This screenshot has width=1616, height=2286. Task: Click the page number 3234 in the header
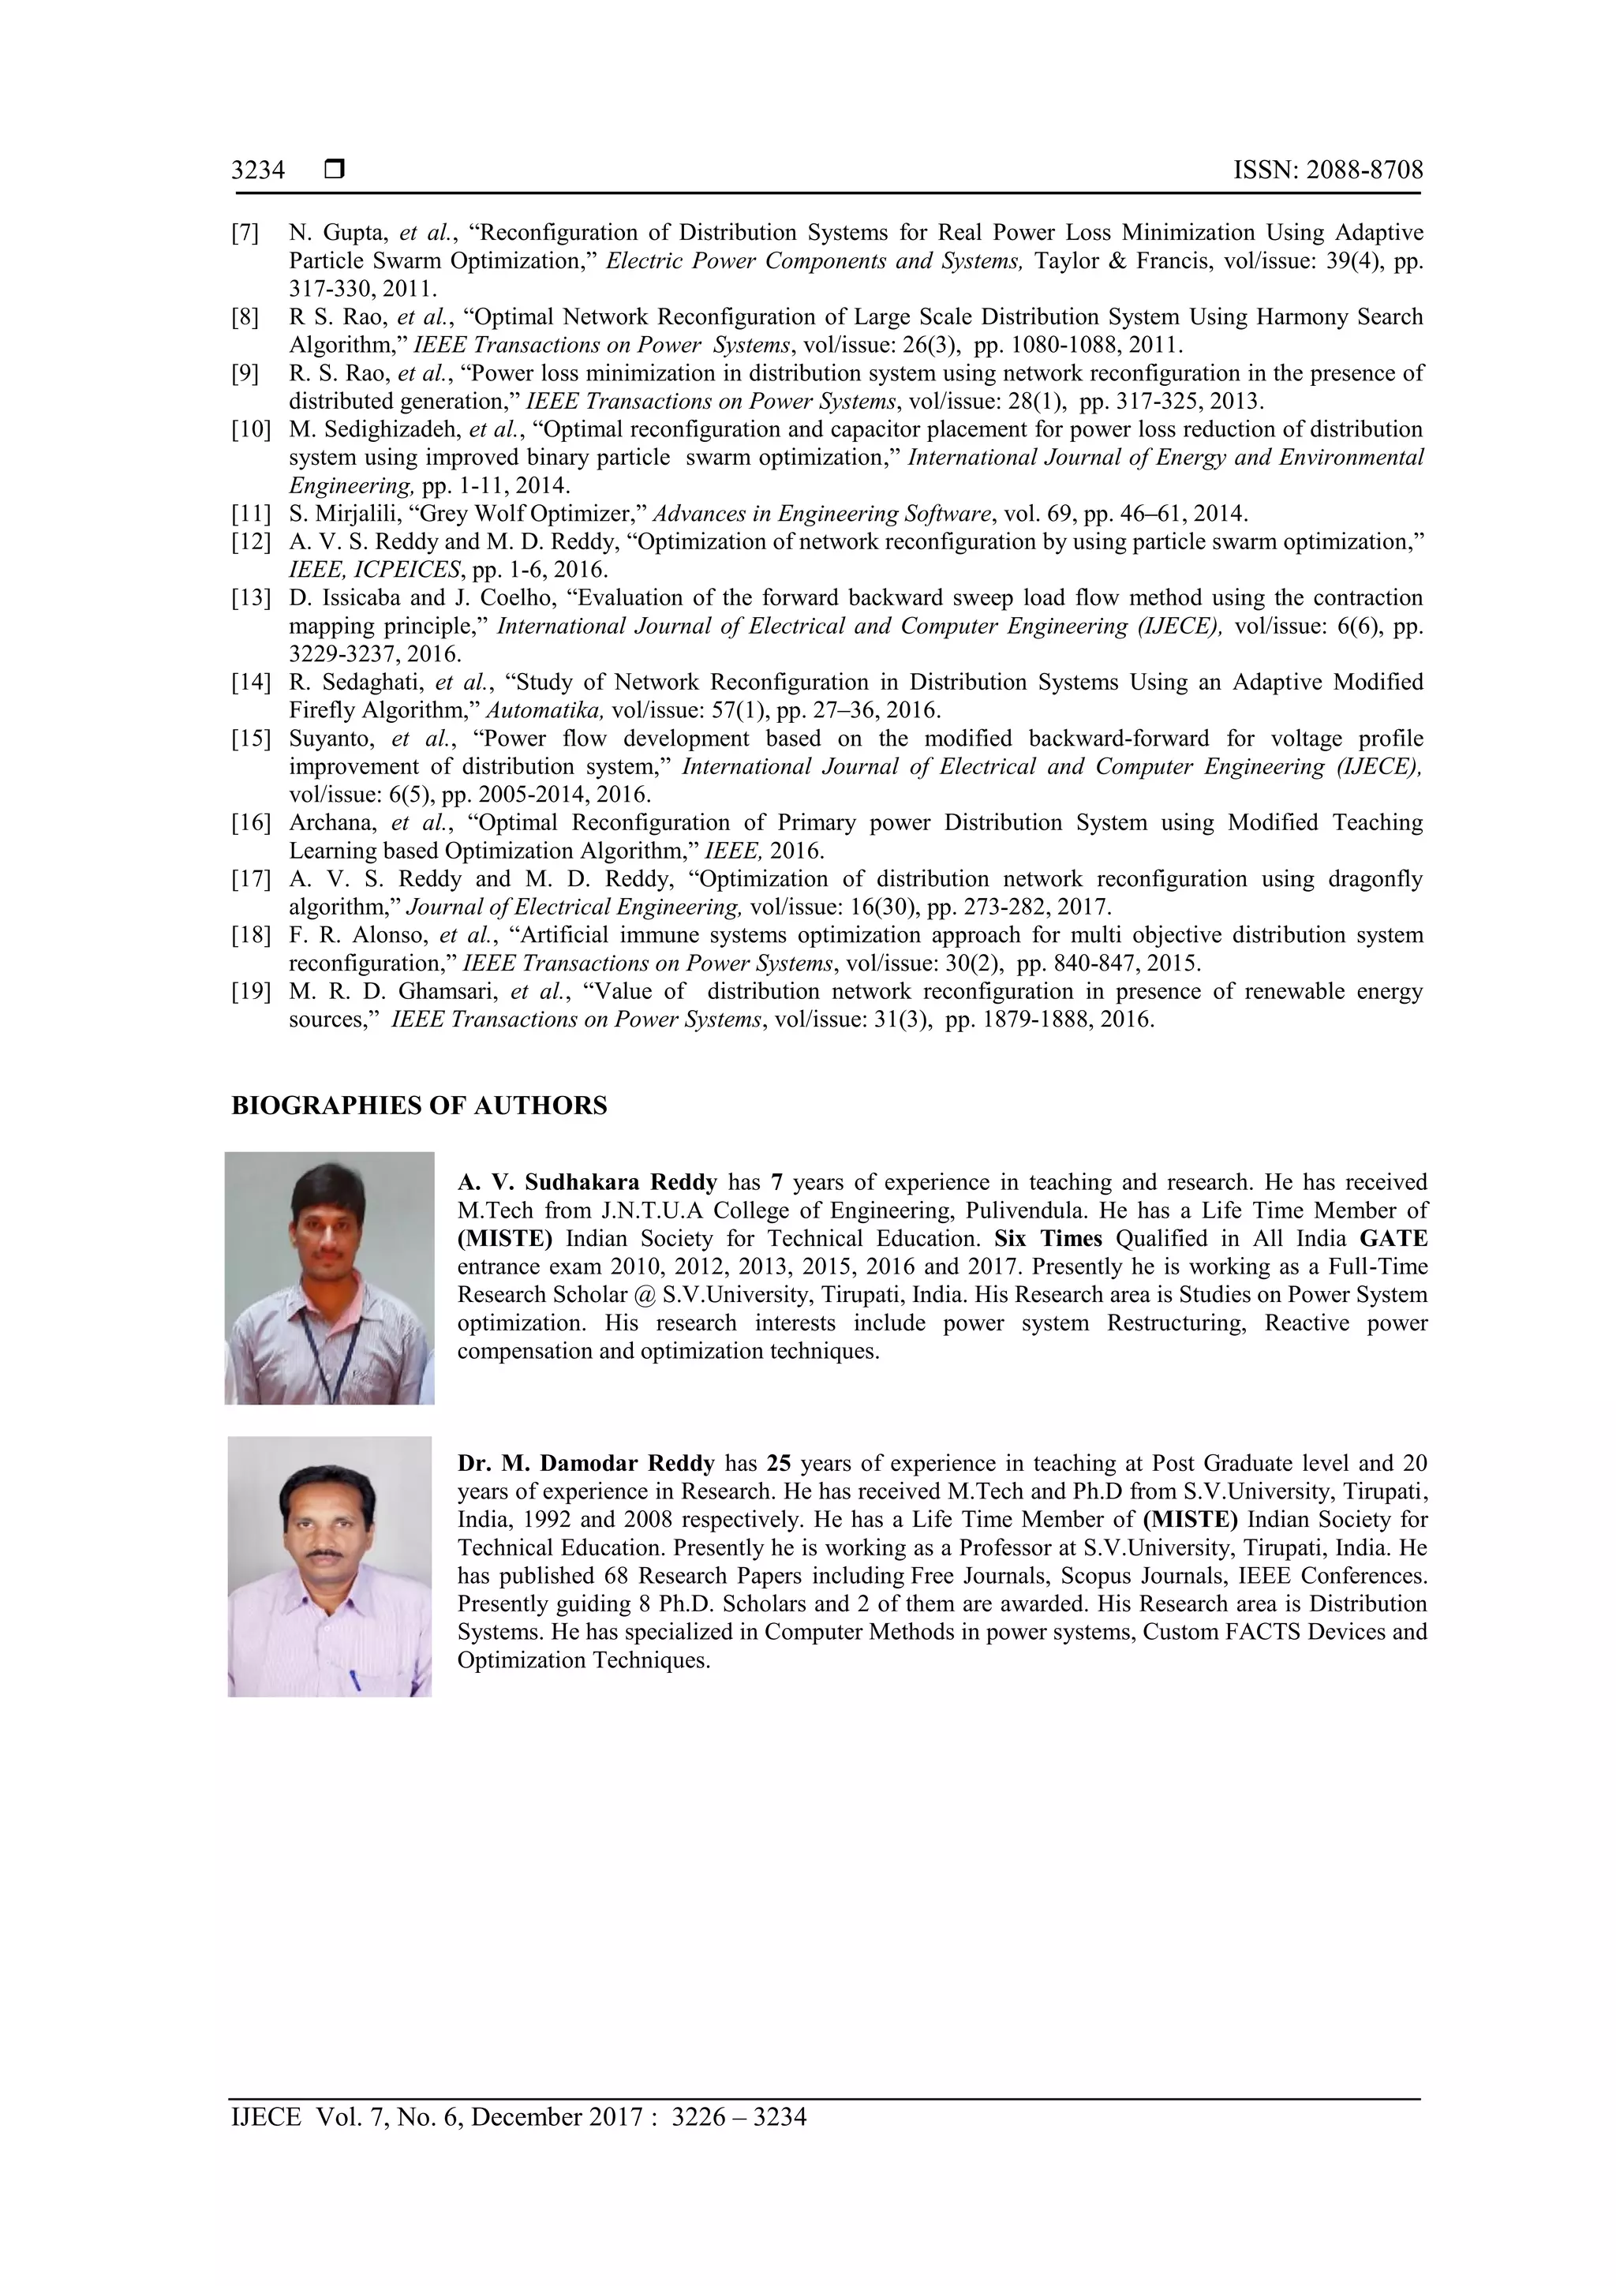[258, 171]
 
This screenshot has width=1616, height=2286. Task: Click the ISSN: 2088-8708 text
[1328, 170]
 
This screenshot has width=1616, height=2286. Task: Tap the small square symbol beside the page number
[335, 170]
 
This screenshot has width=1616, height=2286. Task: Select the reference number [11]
[251, 514]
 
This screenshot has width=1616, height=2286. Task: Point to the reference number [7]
[246, 233]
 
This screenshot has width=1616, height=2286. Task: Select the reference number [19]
[251, 992]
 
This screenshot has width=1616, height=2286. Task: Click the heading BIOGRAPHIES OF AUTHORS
[419, 1106]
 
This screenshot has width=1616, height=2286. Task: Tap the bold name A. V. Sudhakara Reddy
[587, 1183]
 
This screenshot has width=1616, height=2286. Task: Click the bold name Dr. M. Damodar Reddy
[585, 1464]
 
